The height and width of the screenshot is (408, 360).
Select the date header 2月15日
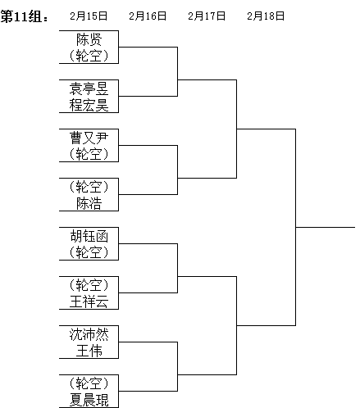coord(89,16)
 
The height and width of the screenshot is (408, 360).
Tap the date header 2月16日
coord(148,16)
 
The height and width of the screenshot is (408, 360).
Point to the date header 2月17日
coord(207,16)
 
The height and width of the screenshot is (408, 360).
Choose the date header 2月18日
coord(266,16)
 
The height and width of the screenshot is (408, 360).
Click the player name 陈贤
coord(89,39)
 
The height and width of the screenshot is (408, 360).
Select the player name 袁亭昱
coord(89,88)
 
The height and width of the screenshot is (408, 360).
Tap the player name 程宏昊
coord(89,105)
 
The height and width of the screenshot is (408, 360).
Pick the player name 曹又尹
coord(89,138)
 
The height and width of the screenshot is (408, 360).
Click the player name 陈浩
coord(89,203)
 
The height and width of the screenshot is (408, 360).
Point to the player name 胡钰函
coord(89,236)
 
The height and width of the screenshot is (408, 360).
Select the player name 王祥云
coord(89,301)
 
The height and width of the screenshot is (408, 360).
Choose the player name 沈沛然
coord(89,334)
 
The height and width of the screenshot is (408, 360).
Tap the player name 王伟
coord(89,351)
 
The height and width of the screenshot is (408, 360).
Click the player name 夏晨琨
coord(89,400)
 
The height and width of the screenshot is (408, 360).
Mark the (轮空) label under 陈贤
coord(89,56)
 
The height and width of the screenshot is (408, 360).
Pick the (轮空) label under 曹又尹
coord(89,154)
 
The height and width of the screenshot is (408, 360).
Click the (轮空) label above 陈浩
coord(89,187)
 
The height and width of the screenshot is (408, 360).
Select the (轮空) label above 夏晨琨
coord(89,383)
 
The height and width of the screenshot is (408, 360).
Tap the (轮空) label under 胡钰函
coord(89,252)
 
